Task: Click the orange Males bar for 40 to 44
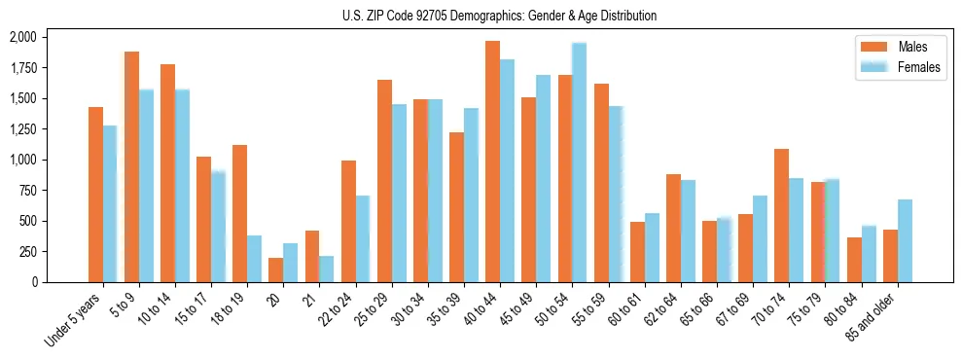492,162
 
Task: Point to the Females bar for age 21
327,269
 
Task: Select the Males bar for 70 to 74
781,215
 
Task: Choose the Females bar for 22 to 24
363,238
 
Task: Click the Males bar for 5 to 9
131,166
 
